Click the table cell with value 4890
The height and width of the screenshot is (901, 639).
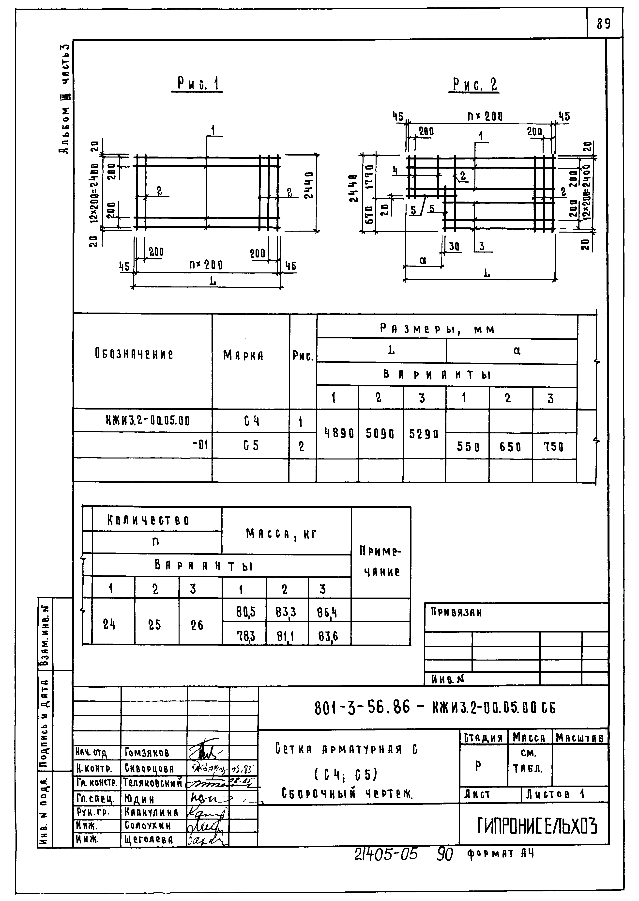coord(338,434)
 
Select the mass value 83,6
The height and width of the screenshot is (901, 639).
coord(328,636)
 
